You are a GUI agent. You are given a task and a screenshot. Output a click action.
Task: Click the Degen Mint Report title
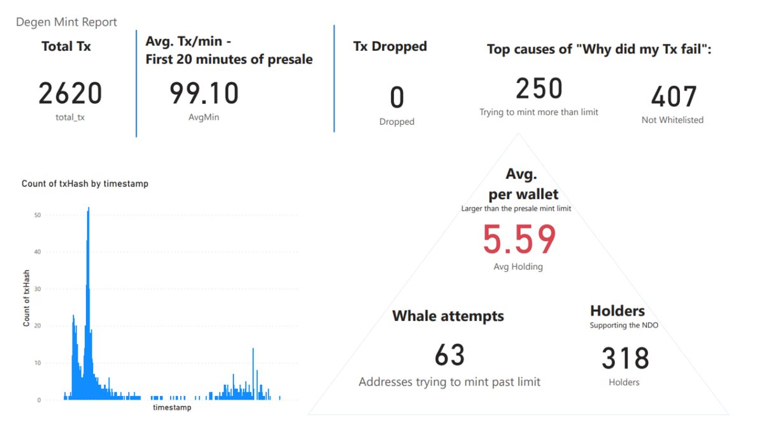click(66, 22)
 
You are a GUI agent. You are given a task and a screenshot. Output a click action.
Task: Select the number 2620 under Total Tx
click(70, 94)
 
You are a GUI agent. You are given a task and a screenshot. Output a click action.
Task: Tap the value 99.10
click(204, 94)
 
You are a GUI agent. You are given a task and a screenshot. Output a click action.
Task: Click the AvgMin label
click(203, 118)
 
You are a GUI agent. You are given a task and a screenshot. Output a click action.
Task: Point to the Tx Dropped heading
click(390, 46)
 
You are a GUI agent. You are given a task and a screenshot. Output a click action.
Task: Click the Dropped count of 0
click(397, 98)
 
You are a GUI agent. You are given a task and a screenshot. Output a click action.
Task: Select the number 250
click(539, 88)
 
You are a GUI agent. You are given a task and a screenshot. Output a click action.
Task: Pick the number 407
click(673, 97)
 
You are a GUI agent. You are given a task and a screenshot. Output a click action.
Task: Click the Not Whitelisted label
click(672, 120)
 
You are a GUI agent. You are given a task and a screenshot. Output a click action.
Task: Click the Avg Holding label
click(518, 267)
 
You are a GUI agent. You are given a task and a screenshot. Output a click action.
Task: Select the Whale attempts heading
click(448, 316)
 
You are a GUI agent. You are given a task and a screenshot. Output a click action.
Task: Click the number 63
click(449, 355)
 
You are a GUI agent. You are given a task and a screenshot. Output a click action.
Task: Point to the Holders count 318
click(625, 358)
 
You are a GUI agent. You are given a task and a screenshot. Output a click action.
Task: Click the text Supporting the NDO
click(624, 325)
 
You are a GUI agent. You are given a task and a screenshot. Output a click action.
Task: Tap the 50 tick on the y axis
click(38, 216)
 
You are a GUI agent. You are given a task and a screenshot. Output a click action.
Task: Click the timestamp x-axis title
click(172, 407)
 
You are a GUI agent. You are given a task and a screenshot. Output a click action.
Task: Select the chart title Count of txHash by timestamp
click(85, 184)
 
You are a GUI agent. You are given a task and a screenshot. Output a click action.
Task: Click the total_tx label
click(70, 118)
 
